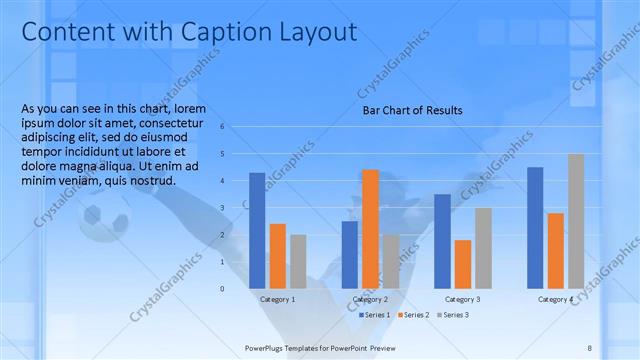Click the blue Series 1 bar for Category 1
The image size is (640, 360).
pos(257,230)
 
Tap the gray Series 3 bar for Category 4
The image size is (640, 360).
pos(576,221)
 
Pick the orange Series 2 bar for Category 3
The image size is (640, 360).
pos(462,264)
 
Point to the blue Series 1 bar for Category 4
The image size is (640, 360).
pos(535,227)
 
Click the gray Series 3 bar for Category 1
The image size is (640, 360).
pos(298,261)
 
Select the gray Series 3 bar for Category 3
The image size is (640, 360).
pos(483,248)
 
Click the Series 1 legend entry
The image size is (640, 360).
pos(375,315)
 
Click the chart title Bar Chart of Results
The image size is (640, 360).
pos(412,110)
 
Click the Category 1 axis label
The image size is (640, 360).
pos(277,299)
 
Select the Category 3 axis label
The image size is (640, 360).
pos(462,299)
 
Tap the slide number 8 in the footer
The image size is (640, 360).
pos(590,347)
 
